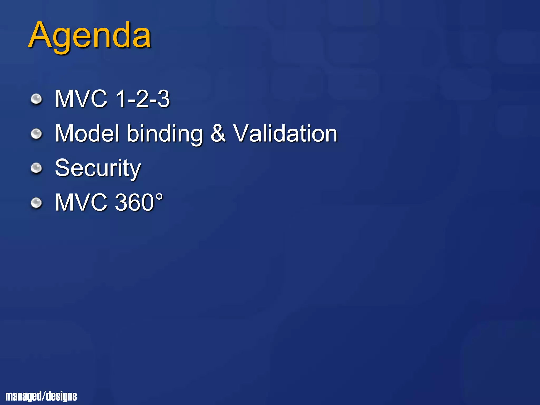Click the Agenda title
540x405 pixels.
[x=90, y=36]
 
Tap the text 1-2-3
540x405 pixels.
[x=143, y=99]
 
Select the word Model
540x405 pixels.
[x=87, y=133]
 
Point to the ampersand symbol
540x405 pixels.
[x=218, y=133]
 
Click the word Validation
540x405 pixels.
[x=285, y=133]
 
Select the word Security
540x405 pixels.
[x=98, y=169]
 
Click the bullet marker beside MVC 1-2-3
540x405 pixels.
[x=36, y=100]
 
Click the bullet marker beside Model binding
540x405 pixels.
[x=36, y=134]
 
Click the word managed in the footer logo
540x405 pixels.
[x=23, y=396]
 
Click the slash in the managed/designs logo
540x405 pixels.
[x=44, y=396]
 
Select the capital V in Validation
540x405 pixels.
[x=243, y=133]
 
